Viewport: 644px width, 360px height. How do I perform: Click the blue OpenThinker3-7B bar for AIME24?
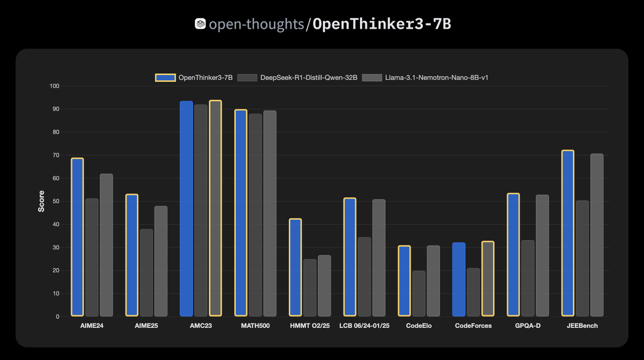pyautogui.click(x=77, y=237)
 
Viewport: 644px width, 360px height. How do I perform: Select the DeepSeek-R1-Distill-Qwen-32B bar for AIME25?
pyautogui.click(x=147, y=273)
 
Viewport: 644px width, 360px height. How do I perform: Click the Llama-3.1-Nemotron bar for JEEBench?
pyautogui.click(x=597, y=235)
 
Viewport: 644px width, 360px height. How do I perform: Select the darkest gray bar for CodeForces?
pyautogui.click(x=473, y=292)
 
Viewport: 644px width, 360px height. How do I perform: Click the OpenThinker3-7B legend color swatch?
pyautogui.click(x=165, y=77)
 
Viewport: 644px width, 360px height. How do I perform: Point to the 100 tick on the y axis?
pyautogui.click(x=55, y=86)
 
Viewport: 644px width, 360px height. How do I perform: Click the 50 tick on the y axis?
pyautogui.click(x=56, y=201)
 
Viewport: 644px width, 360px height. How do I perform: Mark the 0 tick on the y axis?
pyautogui.click(x=58, y=317)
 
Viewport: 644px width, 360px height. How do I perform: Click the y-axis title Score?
pyautogui.click(x=41, y=201)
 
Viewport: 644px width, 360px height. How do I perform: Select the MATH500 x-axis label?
pyautogui.click(x=255, y=326)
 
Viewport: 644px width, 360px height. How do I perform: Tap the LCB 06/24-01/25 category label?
pyautogui.click(x=364, y=326)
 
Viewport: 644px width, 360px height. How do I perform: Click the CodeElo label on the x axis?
pyautogui.click(x=419, y=326)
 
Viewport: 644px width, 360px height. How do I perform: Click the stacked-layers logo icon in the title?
pyautogui.click(x=200, y=24)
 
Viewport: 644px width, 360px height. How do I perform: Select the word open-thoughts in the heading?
pyautogui.click(x=256, y=24)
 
